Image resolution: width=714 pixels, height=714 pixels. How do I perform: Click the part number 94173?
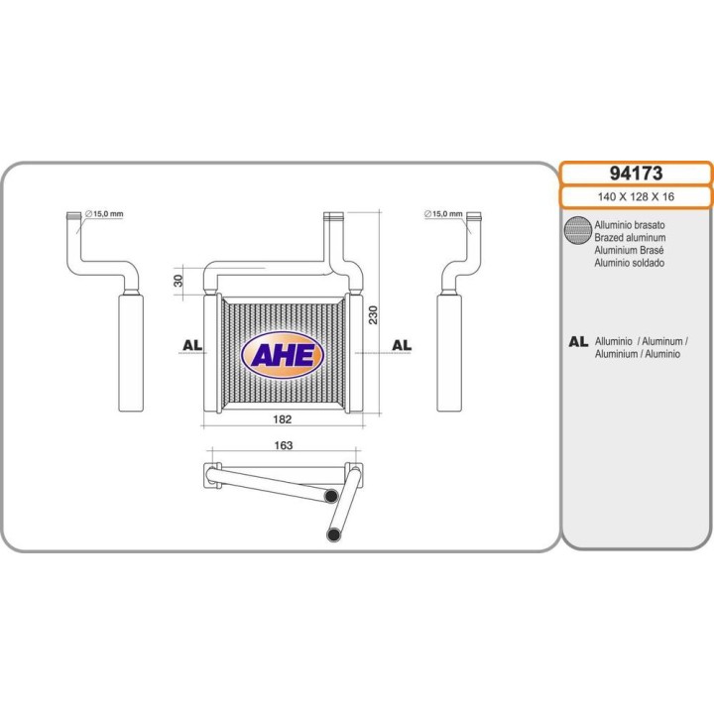(x=636, y=174)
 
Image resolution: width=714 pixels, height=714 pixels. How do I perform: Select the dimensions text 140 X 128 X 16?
(x=636, y=197)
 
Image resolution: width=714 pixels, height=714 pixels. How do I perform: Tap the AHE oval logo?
(x=283, y=355)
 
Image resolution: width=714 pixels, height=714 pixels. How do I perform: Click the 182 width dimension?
(x=282, y=418)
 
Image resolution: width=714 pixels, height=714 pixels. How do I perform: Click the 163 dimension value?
(x=282, y=446)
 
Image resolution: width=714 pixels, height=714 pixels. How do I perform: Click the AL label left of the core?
(x=192, y=345)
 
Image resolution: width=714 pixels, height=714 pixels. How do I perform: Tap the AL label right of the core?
(x=402, y=345)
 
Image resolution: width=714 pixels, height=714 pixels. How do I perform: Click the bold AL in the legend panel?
(x=577, y=342)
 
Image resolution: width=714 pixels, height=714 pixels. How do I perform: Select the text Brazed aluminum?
(x=630, y=238)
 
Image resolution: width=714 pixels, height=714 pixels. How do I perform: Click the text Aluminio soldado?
(x=630, y=263)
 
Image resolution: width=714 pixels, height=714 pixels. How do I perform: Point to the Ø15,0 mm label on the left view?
(x=105, y=214)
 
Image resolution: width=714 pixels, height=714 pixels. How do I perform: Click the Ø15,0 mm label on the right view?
(x=442, y=214)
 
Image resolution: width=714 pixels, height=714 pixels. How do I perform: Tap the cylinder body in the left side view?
(x=130, y=351)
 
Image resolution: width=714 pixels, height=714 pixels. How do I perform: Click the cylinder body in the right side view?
(x=451, y=351)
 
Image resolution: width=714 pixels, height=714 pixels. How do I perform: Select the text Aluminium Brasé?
(x=630, y=251)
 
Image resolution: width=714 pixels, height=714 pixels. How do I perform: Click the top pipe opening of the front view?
(x=333, y=215)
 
